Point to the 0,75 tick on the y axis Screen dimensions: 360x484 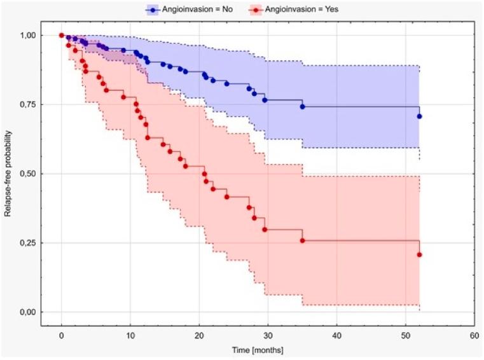[31, 104]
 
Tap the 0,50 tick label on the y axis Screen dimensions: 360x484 [31, 174]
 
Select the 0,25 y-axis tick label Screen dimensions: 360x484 [31, 243]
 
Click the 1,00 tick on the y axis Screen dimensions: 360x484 [31, 35]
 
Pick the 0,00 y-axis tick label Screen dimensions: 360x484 [31, 312]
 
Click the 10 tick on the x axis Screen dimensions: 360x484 [130, 336]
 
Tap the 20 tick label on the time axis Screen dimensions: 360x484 [199, 336]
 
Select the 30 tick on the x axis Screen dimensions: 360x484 [268, 336]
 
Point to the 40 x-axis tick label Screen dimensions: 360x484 [337, 336]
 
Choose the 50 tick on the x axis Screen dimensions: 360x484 [406, 336]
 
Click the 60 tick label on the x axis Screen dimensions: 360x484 [474, 336]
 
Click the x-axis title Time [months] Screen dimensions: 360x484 [258, 350]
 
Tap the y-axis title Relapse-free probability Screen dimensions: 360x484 [8, 173]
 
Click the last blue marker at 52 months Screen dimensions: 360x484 [420, 116]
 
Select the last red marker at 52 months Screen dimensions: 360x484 [420, 254]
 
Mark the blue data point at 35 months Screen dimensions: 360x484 [303, 107]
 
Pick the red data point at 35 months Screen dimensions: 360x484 [303, 240]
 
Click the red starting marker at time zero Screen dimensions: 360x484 [61, 35]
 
